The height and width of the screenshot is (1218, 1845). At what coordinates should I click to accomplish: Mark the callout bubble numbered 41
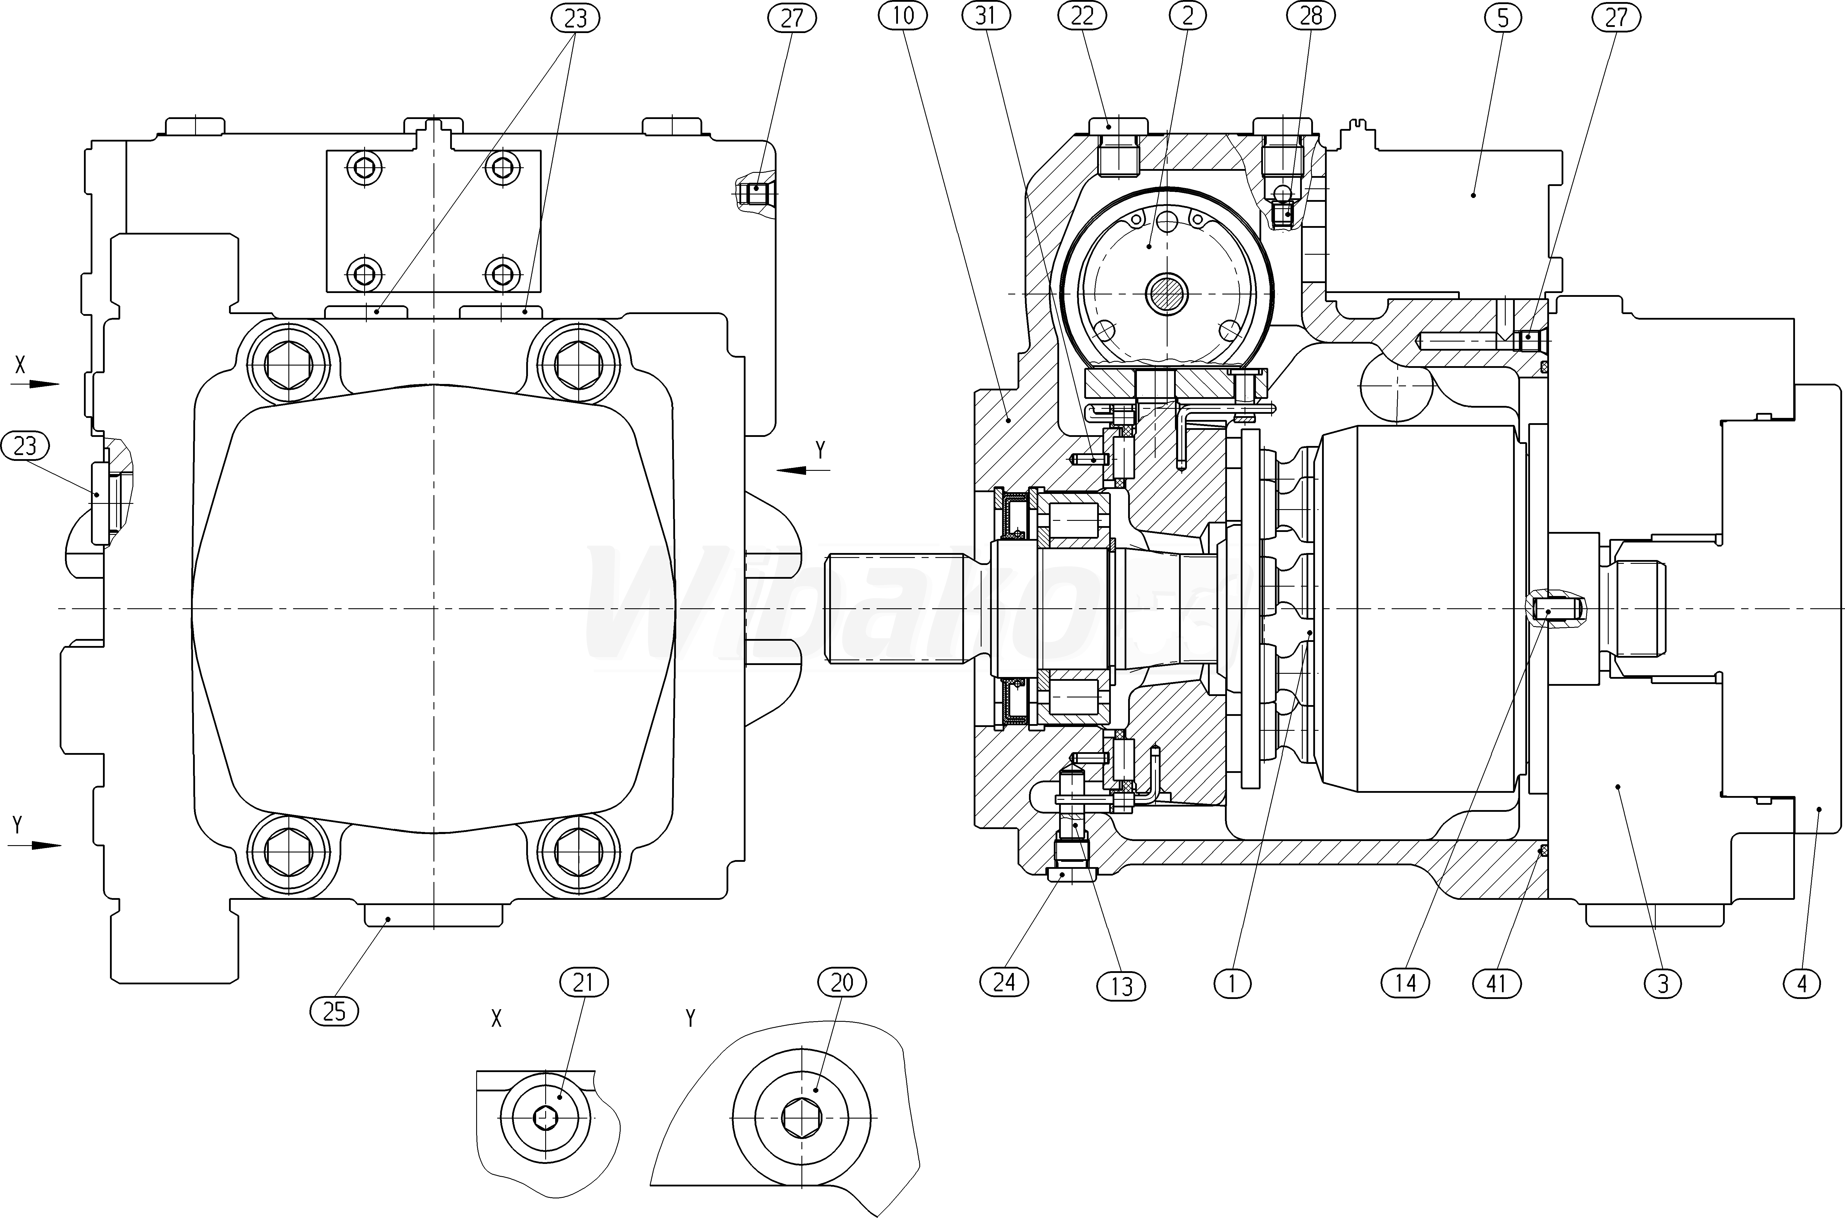[x=1496, y=983]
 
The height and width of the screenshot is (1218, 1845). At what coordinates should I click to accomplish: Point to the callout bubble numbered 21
[x=583, y=983]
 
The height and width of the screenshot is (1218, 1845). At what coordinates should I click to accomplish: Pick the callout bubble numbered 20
[x=842, y=983]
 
